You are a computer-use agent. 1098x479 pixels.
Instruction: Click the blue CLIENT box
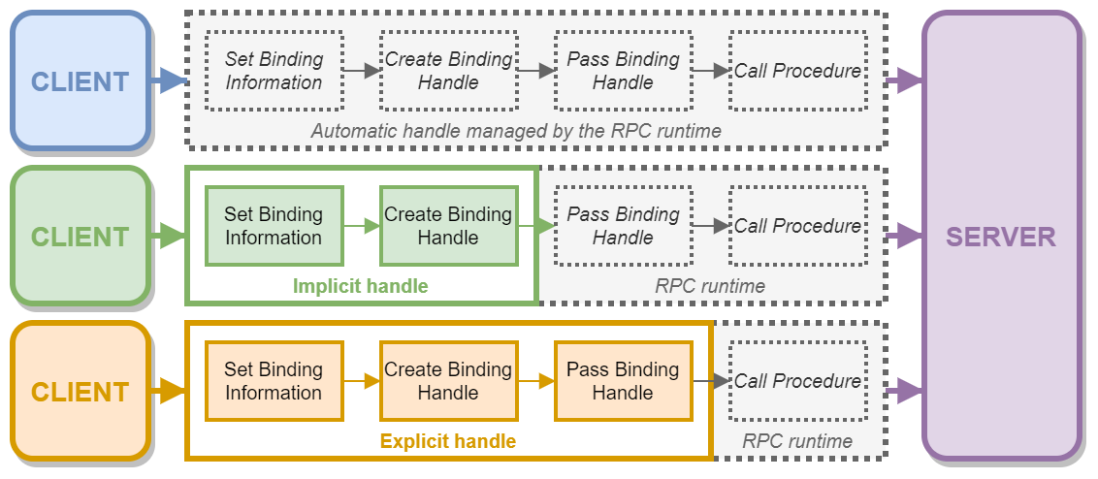(80, 81)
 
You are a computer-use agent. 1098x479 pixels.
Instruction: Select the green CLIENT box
(80, 237)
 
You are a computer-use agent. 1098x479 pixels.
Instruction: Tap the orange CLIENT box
(80, 392)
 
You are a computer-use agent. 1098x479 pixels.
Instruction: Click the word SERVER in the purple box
(1001, 237)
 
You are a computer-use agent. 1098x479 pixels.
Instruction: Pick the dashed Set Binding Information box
(274, 71)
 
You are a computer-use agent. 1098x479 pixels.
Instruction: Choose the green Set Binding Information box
(274, 226)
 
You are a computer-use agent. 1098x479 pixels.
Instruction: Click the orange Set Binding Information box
(274, 381)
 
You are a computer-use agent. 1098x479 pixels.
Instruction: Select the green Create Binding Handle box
(448, 226)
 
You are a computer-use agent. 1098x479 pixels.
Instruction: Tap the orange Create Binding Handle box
(448, 381)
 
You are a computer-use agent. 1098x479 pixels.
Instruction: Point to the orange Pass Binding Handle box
(623, 381)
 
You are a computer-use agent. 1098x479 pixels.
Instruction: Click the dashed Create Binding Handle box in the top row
(448, 71)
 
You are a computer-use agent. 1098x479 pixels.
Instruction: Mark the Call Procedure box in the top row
(797, 71)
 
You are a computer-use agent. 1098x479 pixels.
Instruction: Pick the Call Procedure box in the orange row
(797, 381)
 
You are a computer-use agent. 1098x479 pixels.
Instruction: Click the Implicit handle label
(360, 286)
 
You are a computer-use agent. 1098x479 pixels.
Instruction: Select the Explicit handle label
(447, 441)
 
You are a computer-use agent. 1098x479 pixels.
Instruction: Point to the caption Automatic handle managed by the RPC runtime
(516, 130)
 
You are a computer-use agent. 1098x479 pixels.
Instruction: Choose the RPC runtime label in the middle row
(710, 286)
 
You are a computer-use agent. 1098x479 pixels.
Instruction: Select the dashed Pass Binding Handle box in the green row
(623, 226)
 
